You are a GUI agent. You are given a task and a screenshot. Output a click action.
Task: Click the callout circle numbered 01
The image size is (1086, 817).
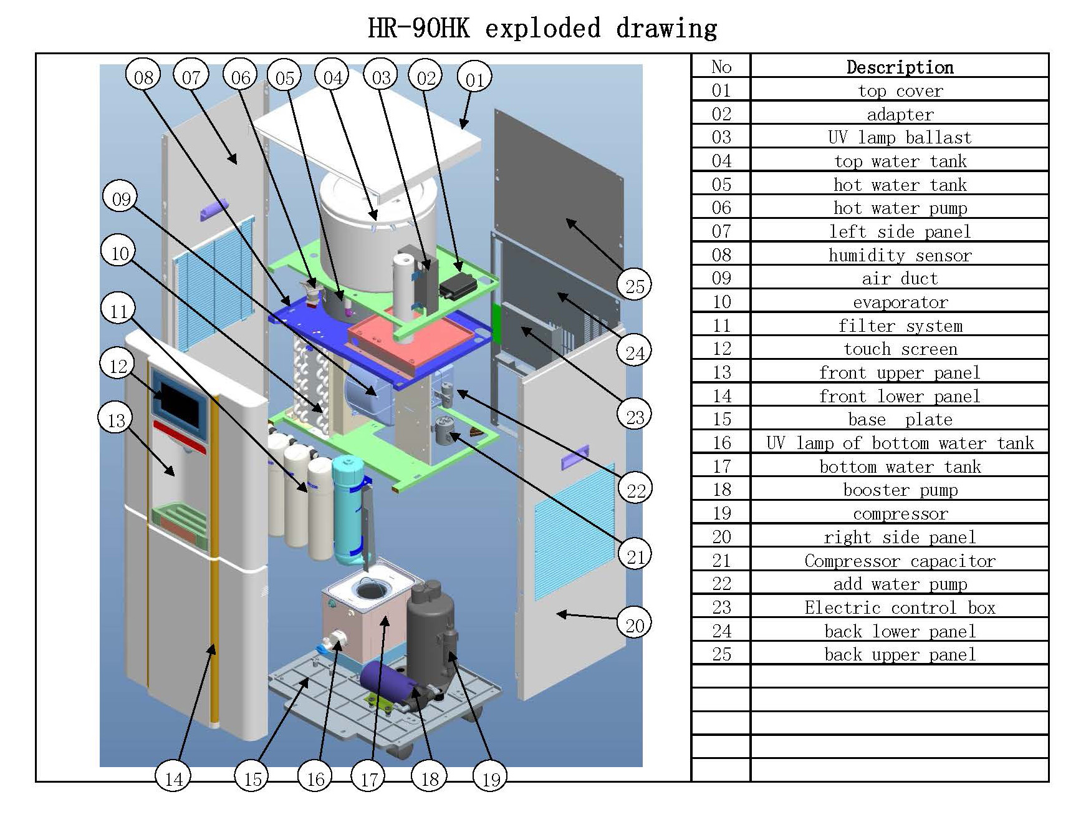coord(474,79)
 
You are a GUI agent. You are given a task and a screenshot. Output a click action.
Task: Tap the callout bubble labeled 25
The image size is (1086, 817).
coord(635,286)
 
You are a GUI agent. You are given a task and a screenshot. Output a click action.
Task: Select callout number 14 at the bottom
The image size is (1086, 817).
coord(174,778)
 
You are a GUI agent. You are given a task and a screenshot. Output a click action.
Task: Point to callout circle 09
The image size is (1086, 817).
coord(121,198)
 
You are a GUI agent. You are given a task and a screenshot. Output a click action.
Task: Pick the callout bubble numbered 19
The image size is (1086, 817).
coord(491,778)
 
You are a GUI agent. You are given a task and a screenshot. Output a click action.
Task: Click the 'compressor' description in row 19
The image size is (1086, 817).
coord(900,514)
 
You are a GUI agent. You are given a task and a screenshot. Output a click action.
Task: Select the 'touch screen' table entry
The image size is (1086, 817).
coord(900,349)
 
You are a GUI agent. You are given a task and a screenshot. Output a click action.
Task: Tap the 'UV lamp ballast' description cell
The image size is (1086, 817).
coord(900,138)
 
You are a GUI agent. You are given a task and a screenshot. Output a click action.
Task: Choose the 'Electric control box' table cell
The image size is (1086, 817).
coord(900,607)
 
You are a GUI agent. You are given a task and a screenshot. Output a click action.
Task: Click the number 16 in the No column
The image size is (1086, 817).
coord(721,443)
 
